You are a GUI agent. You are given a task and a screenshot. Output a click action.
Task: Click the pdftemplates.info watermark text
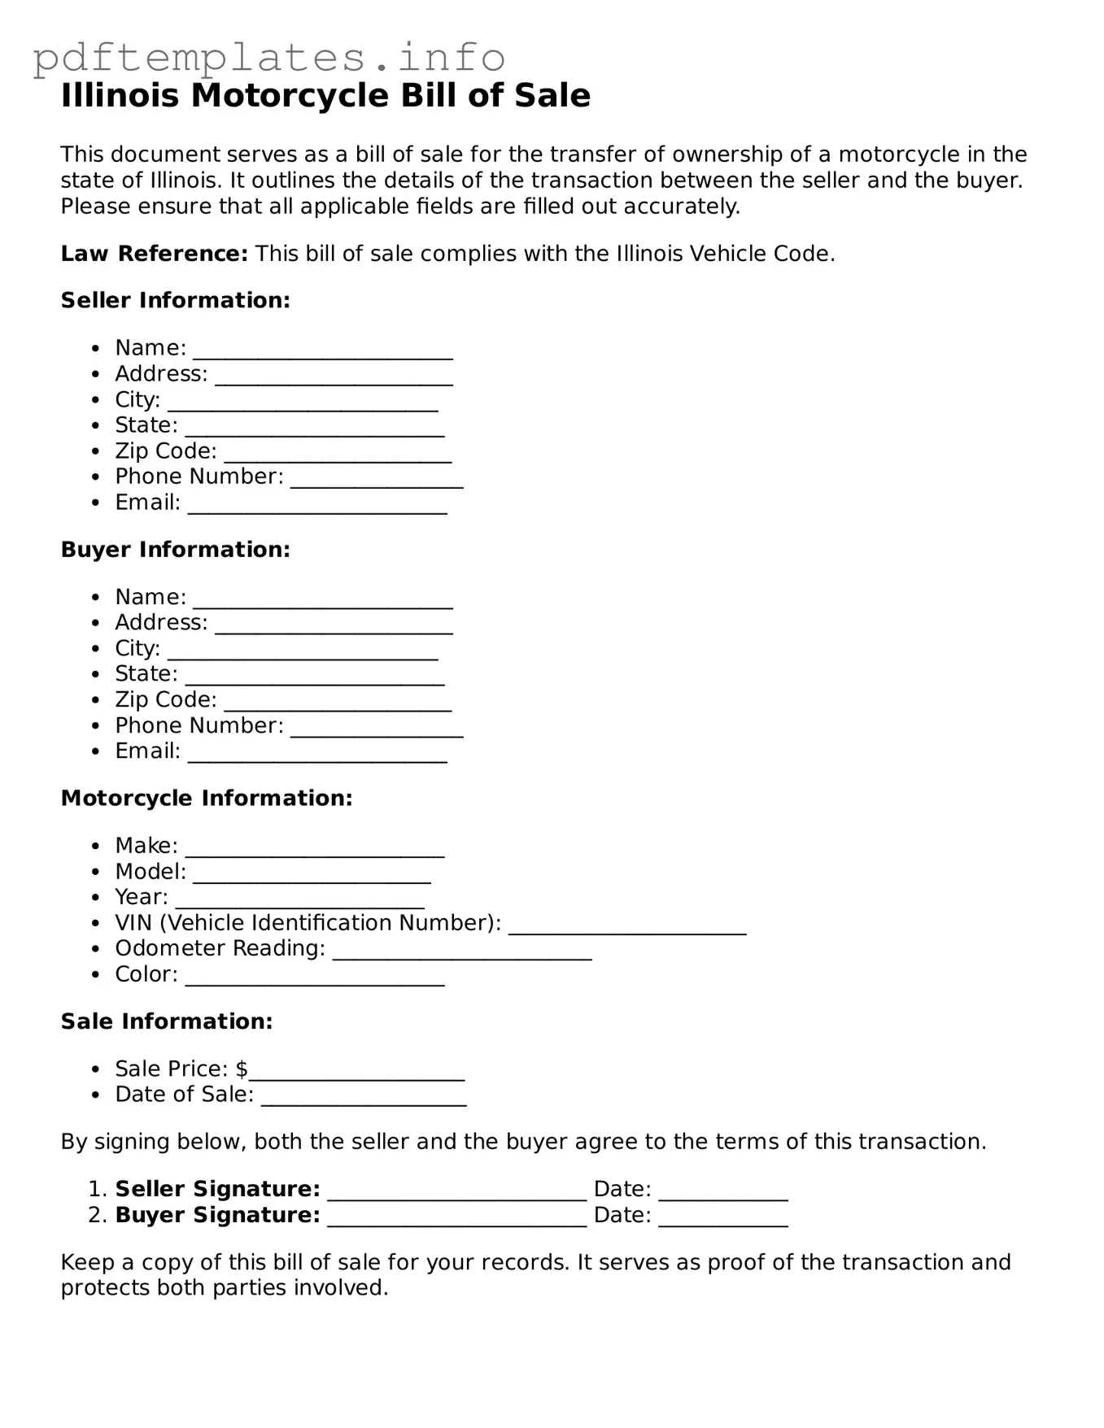[x=268, y=59]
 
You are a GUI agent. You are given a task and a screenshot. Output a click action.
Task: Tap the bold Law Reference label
[x=154, y=254]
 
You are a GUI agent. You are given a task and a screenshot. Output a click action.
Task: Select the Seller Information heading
[x=175, y=300]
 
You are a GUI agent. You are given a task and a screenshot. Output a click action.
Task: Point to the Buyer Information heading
[x=175, y=550]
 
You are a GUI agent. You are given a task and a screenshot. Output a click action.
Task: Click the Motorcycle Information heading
[x=207, y=799]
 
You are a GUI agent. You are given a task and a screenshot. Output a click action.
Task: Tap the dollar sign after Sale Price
[x=242, y=1069]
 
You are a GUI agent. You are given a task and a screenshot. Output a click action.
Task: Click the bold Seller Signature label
[x=217, y=1189]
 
